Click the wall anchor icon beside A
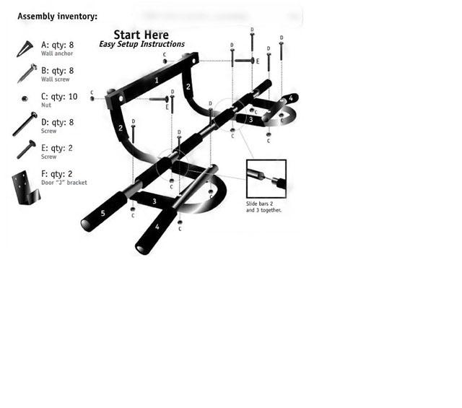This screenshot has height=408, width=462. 25,48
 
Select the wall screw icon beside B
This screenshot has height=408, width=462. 27,73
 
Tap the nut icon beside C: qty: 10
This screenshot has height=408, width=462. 25,98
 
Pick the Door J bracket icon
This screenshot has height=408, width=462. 25,188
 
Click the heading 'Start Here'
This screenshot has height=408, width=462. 141,35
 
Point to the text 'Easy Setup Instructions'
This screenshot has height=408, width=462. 141,44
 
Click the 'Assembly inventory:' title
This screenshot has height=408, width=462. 58,16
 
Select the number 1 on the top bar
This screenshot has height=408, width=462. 157,80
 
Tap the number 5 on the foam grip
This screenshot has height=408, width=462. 103,213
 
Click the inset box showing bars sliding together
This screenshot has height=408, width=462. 266,178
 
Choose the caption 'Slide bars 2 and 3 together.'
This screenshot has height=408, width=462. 263,207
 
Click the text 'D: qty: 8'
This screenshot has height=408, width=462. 58,122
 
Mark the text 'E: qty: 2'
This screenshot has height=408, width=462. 57,148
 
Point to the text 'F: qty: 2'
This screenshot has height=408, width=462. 57,174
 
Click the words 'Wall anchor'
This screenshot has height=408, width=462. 57,53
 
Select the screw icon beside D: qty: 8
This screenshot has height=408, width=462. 25,123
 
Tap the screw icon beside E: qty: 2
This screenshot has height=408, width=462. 26,149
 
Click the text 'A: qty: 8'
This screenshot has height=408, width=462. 58,45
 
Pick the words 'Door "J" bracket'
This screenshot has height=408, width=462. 64,183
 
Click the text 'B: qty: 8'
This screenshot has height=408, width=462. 58,71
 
